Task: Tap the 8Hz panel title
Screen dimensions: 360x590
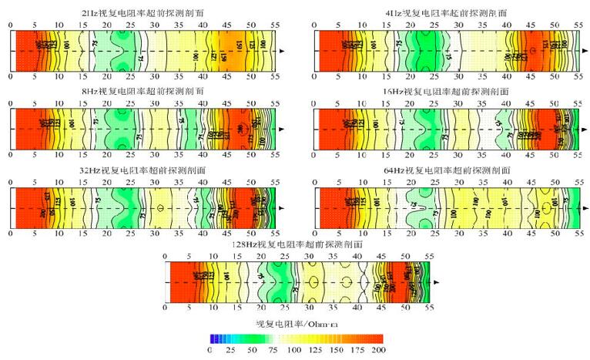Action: [x=143, y=91]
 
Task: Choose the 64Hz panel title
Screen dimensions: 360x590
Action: [x=448, y=170]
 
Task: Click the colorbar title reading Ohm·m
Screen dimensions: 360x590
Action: [x=296, y=325]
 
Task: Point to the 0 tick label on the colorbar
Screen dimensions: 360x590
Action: [x=210, y=350]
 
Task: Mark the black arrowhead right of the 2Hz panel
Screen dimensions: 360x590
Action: [x=284, y=51]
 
